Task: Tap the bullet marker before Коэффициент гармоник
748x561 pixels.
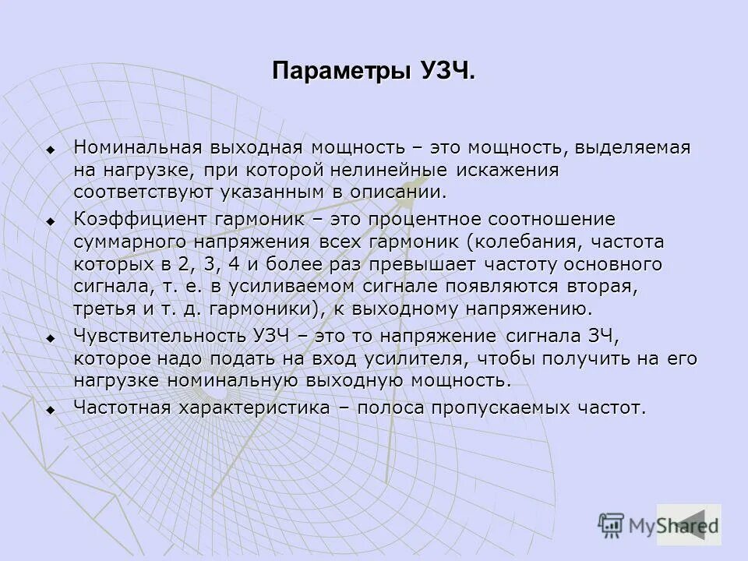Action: pos(51,221)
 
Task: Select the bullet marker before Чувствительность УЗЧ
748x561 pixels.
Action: pos(51,338)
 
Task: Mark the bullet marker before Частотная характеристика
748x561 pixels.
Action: pos(51,410)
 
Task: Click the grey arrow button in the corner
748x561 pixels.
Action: pos(689,524)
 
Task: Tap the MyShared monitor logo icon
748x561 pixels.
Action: pos(612,524)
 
